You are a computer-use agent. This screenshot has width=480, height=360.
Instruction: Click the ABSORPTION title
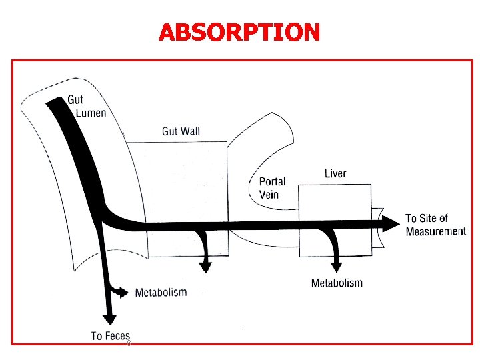(x=239, y=31)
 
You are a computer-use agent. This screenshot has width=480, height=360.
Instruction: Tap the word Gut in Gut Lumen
(x=76, y=100)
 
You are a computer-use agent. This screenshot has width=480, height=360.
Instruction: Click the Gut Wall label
(x=181, y=131)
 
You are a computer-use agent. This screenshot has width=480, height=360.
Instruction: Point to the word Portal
(x=272, y=181)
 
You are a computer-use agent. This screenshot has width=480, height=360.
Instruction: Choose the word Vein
(x=269, y=195)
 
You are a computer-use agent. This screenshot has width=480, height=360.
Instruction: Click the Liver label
(x=335, y=174)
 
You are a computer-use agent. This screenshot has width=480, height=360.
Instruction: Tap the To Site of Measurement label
(x=435, y=225)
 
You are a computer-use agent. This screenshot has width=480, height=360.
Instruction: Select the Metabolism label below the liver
(x=337, y=283)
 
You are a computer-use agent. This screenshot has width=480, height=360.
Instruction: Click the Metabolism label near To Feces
(x=161, y=292)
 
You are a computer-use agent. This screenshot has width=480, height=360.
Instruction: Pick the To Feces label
(x=111, y=335)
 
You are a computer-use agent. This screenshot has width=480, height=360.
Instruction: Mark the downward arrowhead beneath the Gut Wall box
(x=205, y=266)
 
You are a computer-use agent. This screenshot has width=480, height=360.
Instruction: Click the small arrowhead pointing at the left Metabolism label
(x=125, y=292)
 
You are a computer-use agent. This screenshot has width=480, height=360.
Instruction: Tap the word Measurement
(x=436, y=231)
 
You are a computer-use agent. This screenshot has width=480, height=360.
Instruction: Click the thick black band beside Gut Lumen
(x=73, y=147)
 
